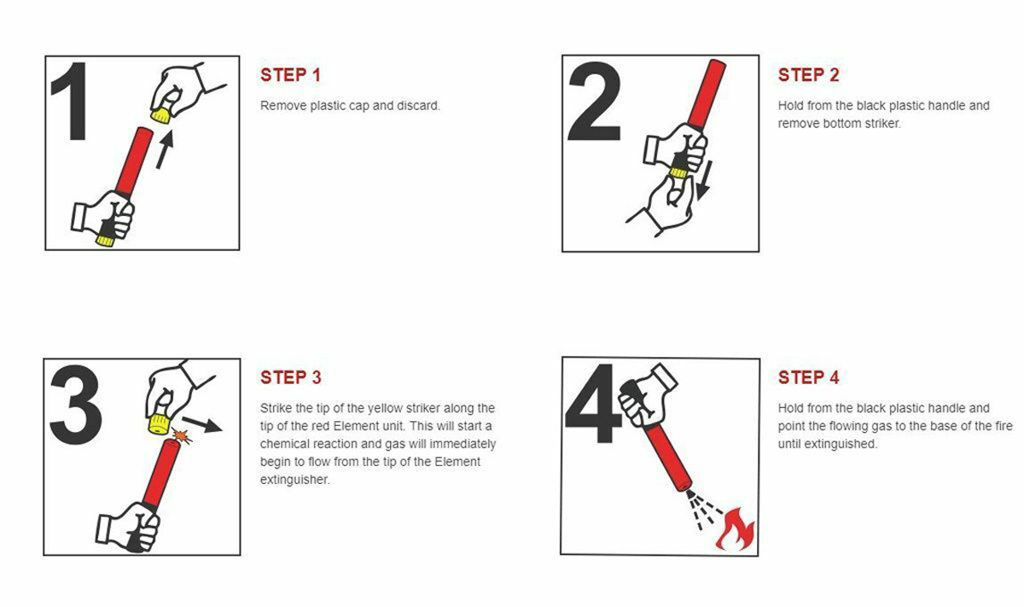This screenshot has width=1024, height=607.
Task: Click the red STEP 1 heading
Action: tap(290, 75)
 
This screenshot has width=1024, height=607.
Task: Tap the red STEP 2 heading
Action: tap(808, 75)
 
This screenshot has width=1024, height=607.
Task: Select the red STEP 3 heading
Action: tap(291, 377)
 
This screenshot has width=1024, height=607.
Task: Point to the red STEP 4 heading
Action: tap(809, 377)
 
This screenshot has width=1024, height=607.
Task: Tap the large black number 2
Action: tap(594, 101)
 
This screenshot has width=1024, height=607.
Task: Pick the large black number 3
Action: tap(75, 405)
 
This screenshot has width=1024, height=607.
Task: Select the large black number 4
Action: tap(593, 404)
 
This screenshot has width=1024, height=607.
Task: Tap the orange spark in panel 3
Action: tap(182, 435)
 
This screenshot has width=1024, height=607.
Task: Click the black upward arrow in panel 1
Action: tap(165, 149)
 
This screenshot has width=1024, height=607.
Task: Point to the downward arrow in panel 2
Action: tap(705, 180)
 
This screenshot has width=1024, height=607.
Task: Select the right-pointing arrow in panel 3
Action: tap(202, 424)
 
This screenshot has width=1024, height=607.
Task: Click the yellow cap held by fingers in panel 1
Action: tap(161, 114)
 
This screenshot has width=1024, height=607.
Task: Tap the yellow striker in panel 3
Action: tap(158, 425)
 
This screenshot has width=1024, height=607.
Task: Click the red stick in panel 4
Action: tap(668, 458)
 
